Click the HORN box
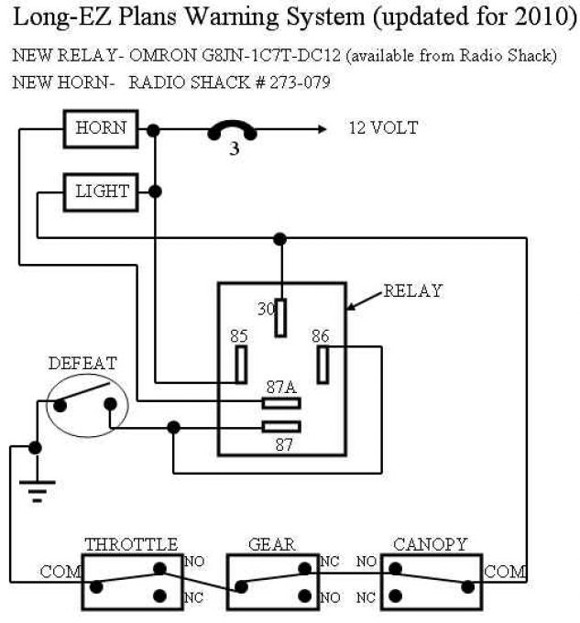(101, 129)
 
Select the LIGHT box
(101, 192)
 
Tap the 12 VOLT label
(383, 128)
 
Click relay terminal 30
(280, 318)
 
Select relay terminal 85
(241, 365)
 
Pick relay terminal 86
(323, 365)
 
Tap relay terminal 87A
(281, 403)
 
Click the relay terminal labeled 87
(281, 427)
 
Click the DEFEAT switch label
(82, 363)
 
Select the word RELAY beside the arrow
(412, 290)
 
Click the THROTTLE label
(131, 544)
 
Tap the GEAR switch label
(272, 544)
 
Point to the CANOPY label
(431, 544)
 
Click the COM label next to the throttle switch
(60, 572)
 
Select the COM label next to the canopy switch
(505, 572)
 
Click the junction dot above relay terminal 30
(280, 239)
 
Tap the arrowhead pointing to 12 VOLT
(323, 129)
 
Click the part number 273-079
(300, 82)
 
